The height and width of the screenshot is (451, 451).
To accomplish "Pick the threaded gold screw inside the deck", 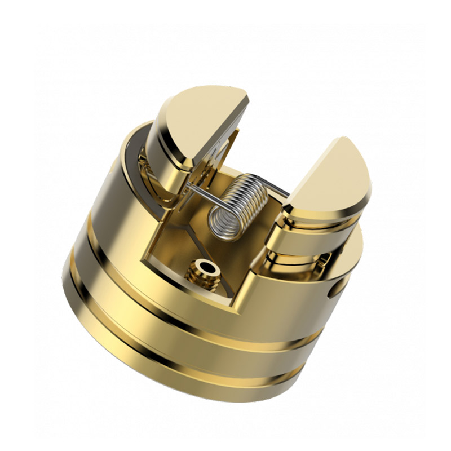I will tap(204, 271).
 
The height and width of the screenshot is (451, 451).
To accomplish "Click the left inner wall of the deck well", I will tap(163, 237).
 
